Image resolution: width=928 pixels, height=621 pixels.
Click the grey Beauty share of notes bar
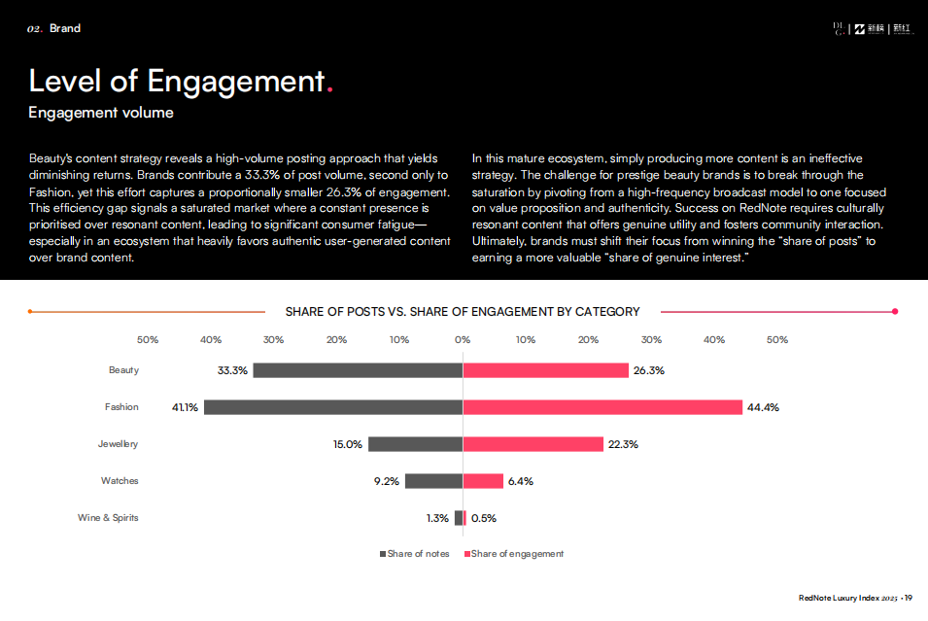pyautogui.click(x=358, y=370)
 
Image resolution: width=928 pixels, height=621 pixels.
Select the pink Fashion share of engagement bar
pyautogui.click(x=602, y=407)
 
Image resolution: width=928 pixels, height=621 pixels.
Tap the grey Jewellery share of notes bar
pyautogui.click(x=415, y=444)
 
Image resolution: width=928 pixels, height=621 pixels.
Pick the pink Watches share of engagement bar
pyautogui.click(x=483, y=481)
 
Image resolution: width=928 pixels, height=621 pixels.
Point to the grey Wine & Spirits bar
pyautogui.click(x=459, y=518)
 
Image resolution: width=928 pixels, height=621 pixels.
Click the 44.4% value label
pyautogui.click(x=763, y=408)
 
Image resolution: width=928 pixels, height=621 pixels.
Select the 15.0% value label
pyautogui.click(x=347, y=444)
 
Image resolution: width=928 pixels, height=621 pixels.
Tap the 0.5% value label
pyautogui.click(x=484, y=518)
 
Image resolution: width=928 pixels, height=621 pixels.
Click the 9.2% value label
pyautogui.click(x=387, y=481)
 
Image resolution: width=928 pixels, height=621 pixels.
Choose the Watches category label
pyautogui.click(x=120, y=481)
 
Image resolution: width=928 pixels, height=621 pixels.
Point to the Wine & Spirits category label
pyautogui.click(x=108, y=518)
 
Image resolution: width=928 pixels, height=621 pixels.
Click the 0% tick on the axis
pyautogui.click(x=463, y=340)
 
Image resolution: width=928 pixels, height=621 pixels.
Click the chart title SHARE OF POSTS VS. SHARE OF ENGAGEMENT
pyautogui.click(x=463, y=312)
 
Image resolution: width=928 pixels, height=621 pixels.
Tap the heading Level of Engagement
pyautogui.click(x=175, y=81)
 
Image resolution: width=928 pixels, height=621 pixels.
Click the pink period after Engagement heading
pyautogui.click(x=330, y=89)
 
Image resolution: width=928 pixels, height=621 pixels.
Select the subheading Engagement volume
pyautogui.click(x=101, y=113)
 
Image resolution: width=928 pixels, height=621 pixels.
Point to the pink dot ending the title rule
pyautogui.click(x=895, y=312)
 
